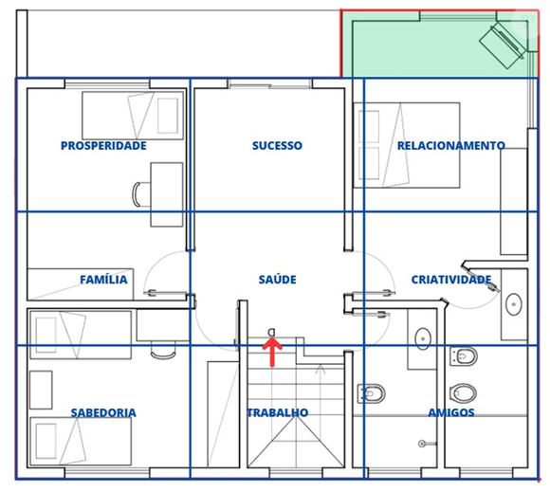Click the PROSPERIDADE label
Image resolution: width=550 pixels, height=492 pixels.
[x=103, y=146]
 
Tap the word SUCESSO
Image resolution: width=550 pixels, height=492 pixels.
[x=277, y=146]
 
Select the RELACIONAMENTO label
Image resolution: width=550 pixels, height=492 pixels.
[x=450, y=146]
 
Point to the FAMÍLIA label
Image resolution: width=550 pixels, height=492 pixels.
[x=103, y=280]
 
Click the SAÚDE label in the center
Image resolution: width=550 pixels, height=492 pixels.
[x=277, y=280]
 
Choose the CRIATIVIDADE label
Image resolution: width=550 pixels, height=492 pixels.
[x=450, y=280]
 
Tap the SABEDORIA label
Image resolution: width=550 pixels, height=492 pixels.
[x=103, y=413]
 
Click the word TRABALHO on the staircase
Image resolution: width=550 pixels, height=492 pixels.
[x=277, y=413]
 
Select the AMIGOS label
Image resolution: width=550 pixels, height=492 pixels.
[x=450, y=413]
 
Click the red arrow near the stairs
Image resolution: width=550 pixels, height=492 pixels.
[x=272, y=351]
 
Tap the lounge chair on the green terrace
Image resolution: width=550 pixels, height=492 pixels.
[x=504, y=43]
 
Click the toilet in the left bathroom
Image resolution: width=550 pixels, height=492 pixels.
[x=372, y=392]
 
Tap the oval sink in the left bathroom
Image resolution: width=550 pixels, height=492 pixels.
[x=422, y=337]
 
